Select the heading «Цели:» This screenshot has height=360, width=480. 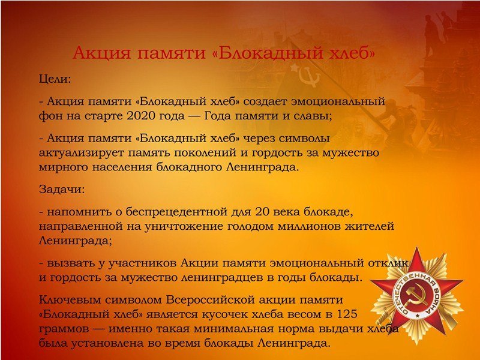point(55,80)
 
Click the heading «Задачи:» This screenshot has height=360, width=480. point(62,190)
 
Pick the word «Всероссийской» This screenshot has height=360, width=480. point(210,299)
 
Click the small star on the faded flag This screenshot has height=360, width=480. point(295,67)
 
